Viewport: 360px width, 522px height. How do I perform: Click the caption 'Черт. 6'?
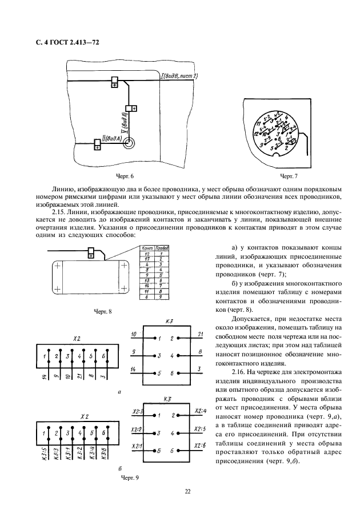123,176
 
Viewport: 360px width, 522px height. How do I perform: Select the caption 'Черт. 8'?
103,311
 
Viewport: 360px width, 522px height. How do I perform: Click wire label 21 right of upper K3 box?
200,334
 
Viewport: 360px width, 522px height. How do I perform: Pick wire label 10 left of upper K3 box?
133,334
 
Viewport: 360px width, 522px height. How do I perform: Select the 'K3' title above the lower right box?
168,399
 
